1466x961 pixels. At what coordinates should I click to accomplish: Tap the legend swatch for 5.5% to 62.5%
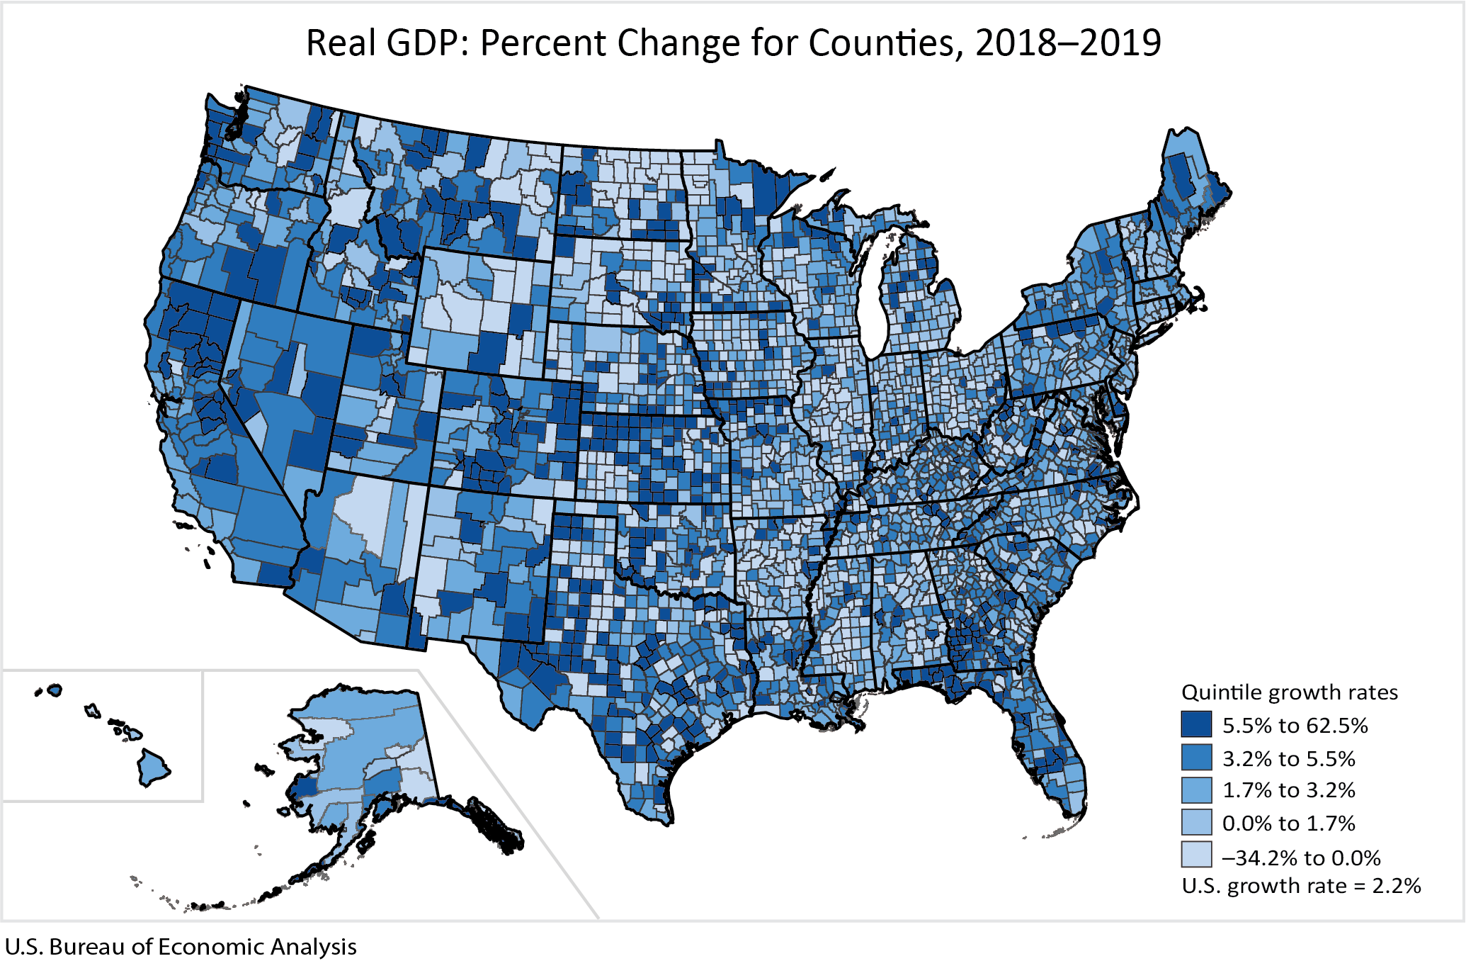click(1196, 725)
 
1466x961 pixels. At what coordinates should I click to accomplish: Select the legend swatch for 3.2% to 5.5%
click(1196, 758)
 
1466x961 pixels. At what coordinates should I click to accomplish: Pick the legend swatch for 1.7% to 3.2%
click(1196, 790)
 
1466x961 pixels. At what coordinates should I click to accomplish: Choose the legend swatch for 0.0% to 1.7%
click(1196, 823)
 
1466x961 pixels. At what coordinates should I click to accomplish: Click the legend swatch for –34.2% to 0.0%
click(1196, 855)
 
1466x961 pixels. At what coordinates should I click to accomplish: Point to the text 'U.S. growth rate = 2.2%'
click(1301, 886)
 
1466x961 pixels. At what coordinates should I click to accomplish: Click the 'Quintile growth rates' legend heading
click(1290, 692)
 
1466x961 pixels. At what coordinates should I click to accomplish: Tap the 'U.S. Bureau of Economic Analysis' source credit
click(181, 947)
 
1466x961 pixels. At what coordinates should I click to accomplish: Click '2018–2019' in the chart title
click(1068, 44)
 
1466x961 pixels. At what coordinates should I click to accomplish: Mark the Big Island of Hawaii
click(152, 768)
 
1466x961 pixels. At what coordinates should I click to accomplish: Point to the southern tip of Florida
click(1073, 815)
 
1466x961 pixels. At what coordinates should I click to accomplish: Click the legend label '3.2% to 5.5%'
click(1288, 758)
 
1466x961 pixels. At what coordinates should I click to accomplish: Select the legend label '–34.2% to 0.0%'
click(1301, 858)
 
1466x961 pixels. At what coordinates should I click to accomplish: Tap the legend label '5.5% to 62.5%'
click(1295, 726)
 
